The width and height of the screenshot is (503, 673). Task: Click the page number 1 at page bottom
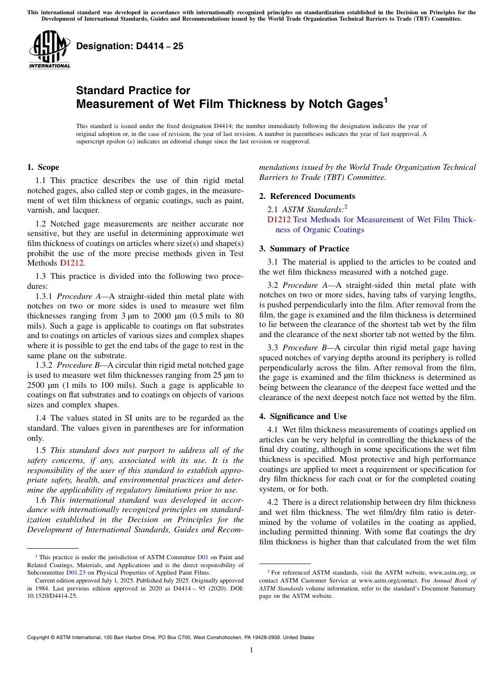click(251, 650)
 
